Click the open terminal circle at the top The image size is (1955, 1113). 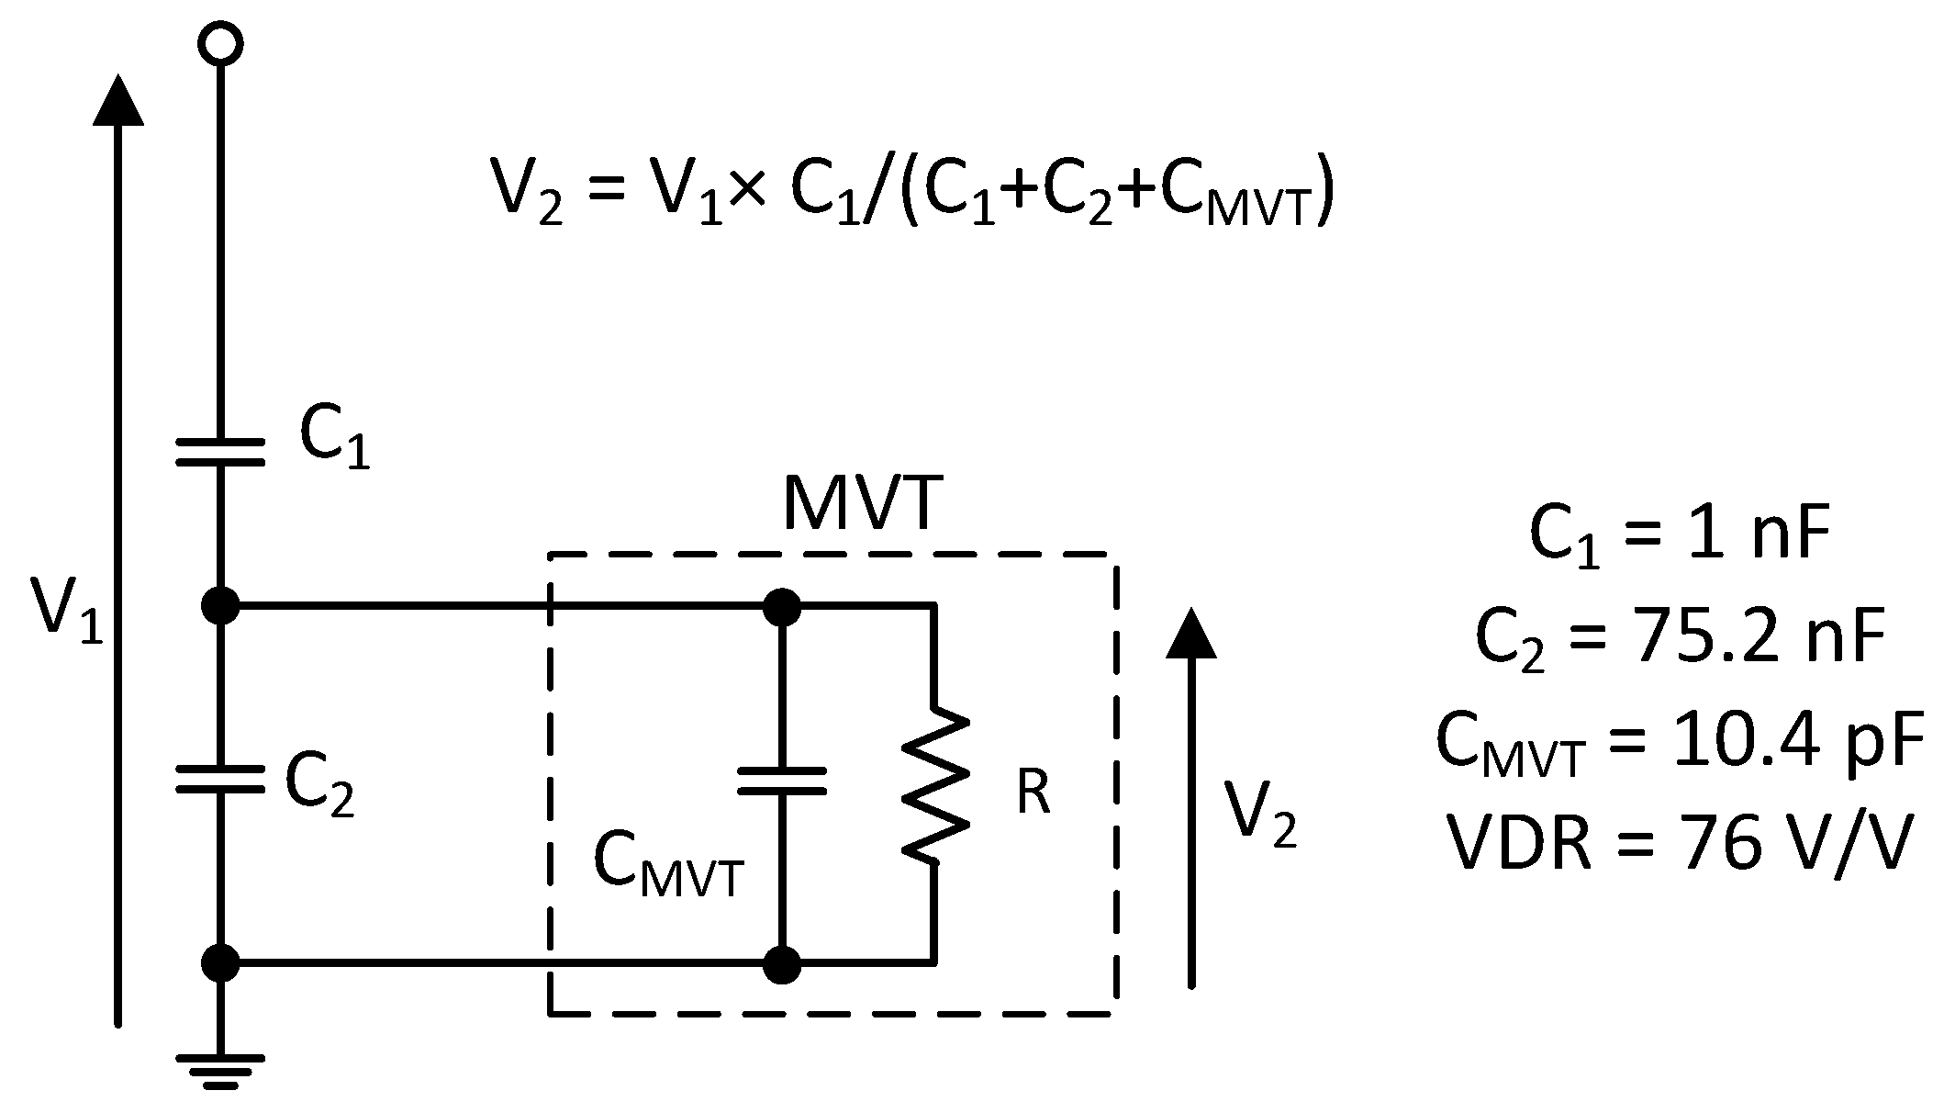click(220, 43)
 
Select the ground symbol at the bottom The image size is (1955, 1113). click(220, 1071)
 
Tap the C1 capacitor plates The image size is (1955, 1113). click(220, 451)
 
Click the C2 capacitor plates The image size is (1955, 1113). click(220, 779)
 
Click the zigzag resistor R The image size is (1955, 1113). click(934, 785)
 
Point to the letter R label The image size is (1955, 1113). click(1033, 792)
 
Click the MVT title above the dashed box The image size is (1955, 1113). click(863, 505)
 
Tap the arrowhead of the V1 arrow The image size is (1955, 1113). click(117, 99)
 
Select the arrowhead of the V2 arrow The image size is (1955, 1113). click(1191, 634)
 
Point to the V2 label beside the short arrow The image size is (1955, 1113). click(1261, 814)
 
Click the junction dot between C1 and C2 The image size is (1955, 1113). click(220, 606)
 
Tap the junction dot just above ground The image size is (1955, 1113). click(220, 963)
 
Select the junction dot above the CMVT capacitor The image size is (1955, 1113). click(782, 607)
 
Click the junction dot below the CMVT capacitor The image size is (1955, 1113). click(782, 964)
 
